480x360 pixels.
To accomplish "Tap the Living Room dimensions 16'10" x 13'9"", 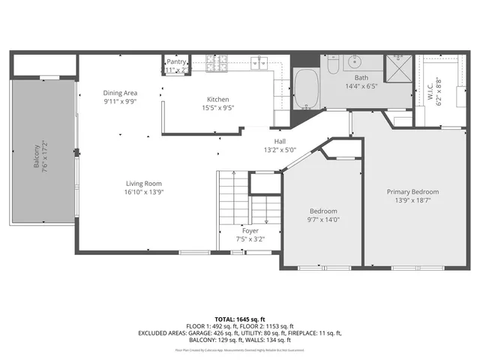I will pos(143,193).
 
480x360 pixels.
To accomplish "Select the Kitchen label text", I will pos(218,99).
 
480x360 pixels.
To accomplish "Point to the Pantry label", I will pos(177,62).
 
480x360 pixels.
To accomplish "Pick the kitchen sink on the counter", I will pos(259,61).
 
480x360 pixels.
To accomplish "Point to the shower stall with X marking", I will pos(397,68).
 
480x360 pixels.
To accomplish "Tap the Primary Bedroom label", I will pos(412,192).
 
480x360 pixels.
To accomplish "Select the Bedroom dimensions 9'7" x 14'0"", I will pos(323,220).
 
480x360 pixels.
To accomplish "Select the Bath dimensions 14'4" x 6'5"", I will pos(361,86).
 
